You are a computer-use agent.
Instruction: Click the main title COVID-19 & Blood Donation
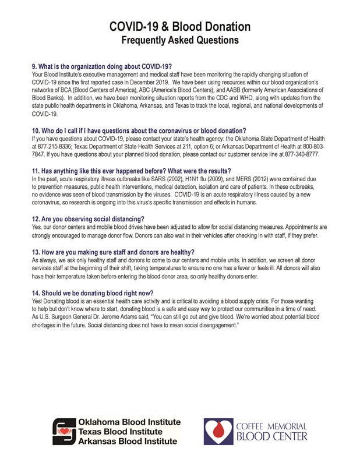point(180,27)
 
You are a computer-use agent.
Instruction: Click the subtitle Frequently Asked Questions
point(180,40)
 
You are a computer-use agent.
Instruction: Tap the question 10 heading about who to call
point(139,129)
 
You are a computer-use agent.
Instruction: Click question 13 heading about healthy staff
point(113,252)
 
